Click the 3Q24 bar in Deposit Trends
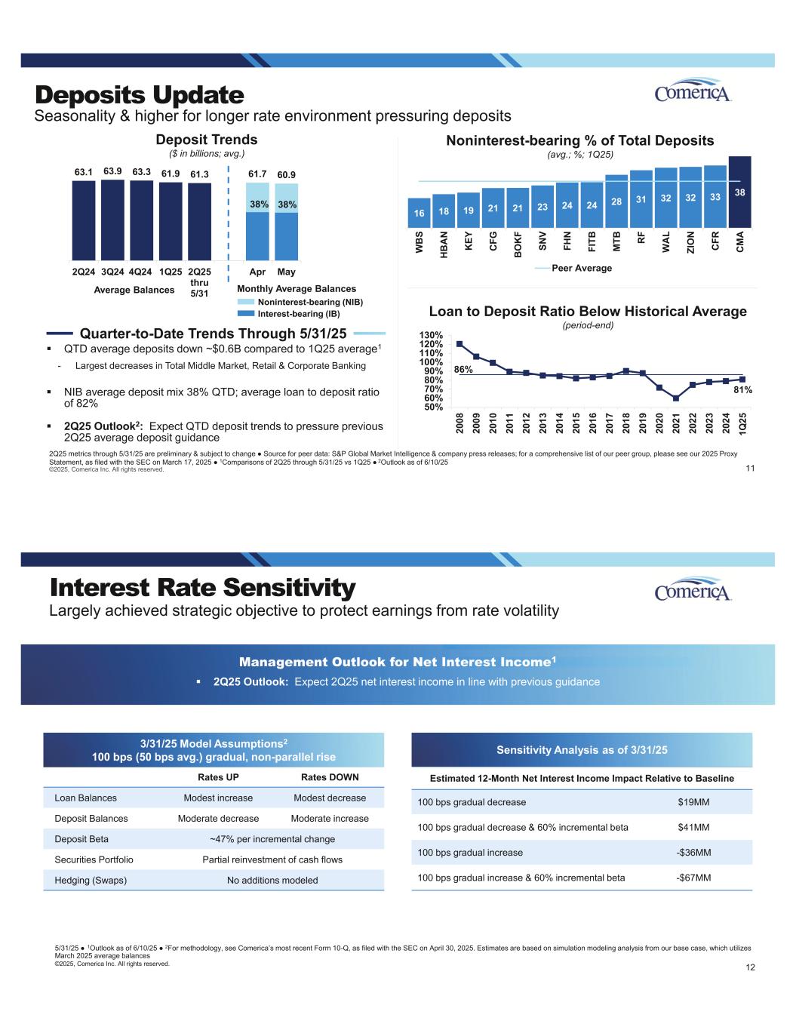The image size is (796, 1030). click(x=112, y=219)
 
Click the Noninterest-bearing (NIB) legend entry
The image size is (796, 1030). click(x=300, y=302)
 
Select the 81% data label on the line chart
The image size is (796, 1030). click(x=743, y=390)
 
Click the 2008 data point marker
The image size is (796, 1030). click(x=459, y=344)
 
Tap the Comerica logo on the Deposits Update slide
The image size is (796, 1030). click(x=693, y=91)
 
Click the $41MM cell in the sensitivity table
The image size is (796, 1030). click(x=693, y=827)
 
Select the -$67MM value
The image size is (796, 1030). click(x=693, y=878)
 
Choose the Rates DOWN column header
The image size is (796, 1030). click(x=330, y=777)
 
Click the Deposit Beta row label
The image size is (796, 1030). click(x=81, y=839)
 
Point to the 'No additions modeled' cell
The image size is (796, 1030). click(x=272, y=880)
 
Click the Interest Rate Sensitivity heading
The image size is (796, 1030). click(x=202, y=588)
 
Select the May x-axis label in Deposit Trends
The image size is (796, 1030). click(x=286, y=272)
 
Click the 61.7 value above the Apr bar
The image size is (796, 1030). click(x=257, y=174)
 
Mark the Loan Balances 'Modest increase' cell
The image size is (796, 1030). click(x=218, y=798)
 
